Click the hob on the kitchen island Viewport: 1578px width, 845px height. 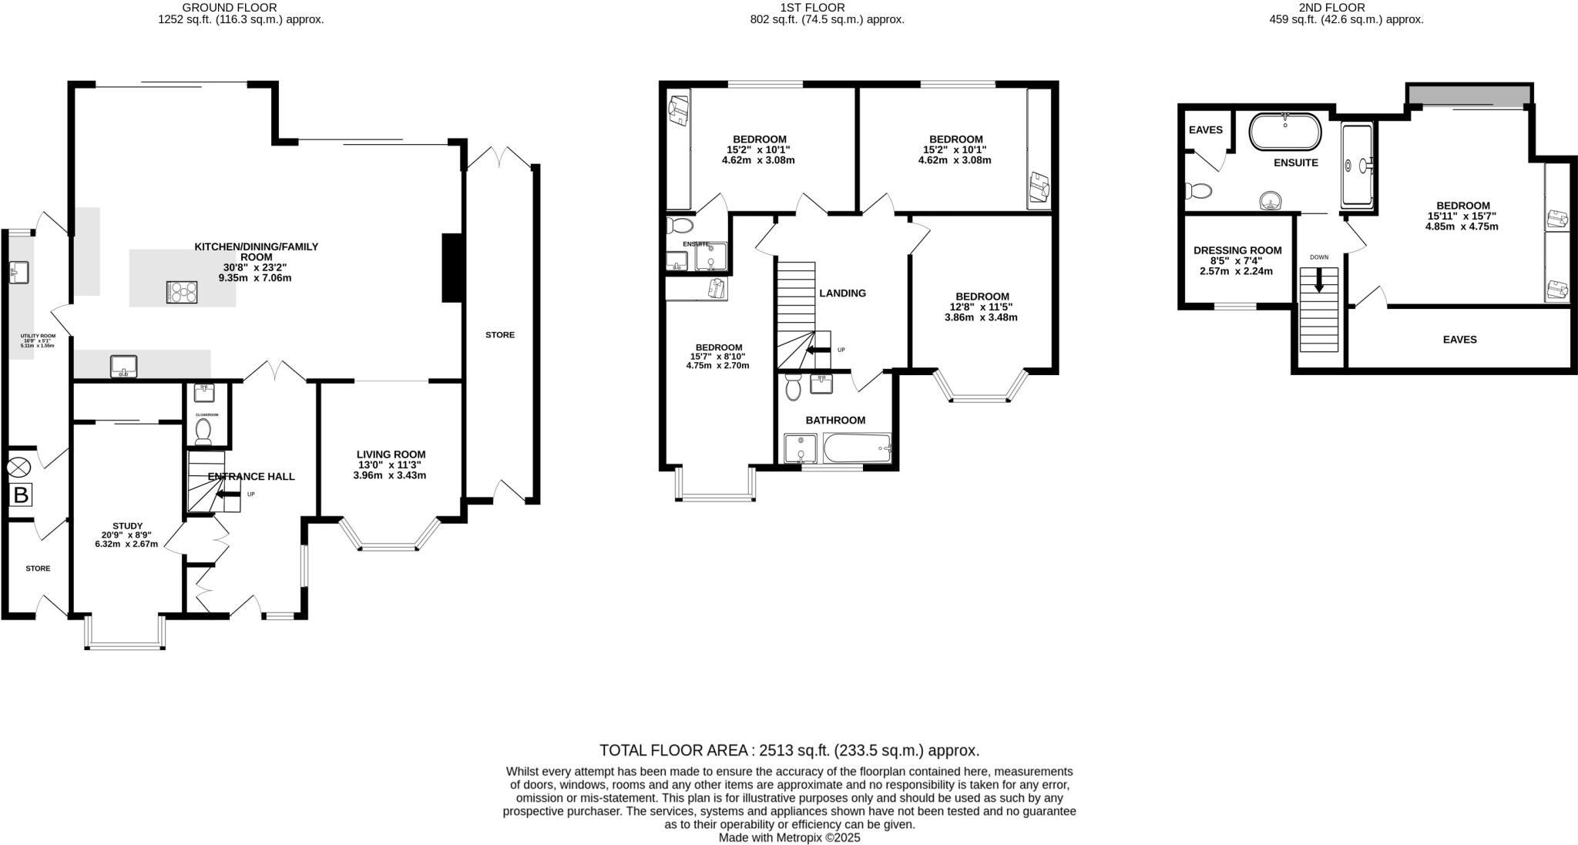pos(182,292)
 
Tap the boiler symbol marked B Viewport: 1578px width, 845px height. pos(21,495)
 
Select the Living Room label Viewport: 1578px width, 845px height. pos(391,454)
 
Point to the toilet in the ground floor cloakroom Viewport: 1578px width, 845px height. pos(204,431)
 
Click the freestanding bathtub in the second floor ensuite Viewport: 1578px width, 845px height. pos(1284,132)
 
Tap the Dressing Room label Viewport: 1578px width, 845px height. pos(1237,250)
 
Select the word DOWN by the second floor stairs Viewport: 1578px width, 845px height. pos(1319,257)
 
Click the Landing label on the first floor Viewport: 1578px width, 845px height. pos(842,293)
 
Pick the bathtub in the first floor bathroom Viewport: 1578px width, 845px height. pos(857,448)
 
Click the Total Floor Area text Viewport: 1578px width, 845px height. pos(789,750)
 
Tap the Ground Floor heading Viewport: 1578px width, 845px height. pos(240,8)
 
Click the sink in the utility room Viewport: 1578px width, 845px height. pos(18,271)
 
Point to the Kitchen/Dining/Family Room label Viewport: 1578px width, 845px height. pos(256,246)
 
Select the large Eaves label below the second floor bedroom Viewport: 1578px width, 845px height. pos(1459,340)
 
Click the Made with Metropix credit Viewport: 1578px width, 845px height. pos(789,837)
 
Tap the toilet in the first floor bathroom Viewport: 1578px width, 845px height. pos(793,389)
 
